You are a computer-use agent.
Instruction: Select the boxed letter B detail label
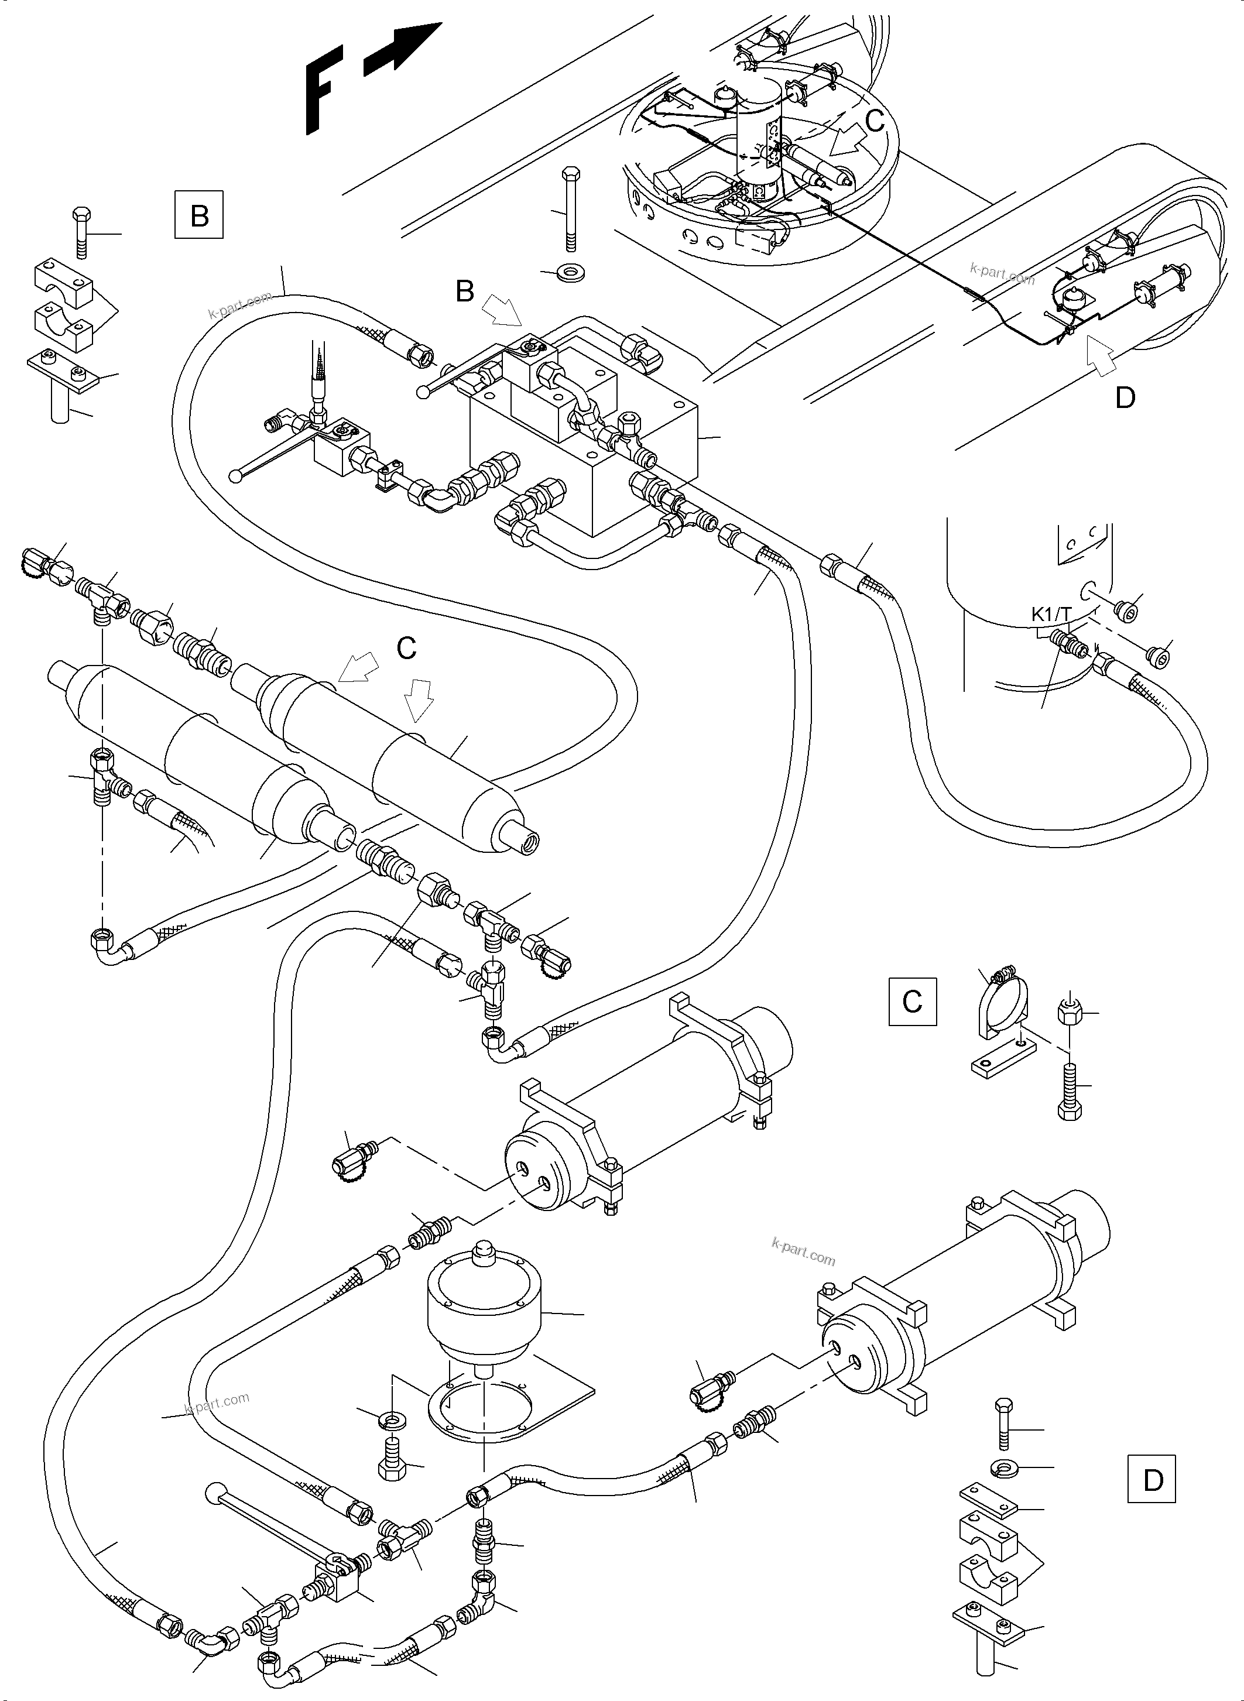pyautogui.click(x=199, y=216)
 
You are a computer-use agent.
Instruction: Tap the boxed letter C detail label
pyautogui.click(x=912, y=1002)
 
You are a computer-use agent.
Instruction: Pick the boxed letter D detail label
pyautogui.click(x=1153, y=1480)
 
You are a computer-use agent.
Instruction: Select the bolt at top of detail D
pyautogui.click(x=1004, y=1423)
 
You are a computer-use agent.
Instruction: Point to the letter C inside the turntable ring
pyautogui.click(x=874, y=121)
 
